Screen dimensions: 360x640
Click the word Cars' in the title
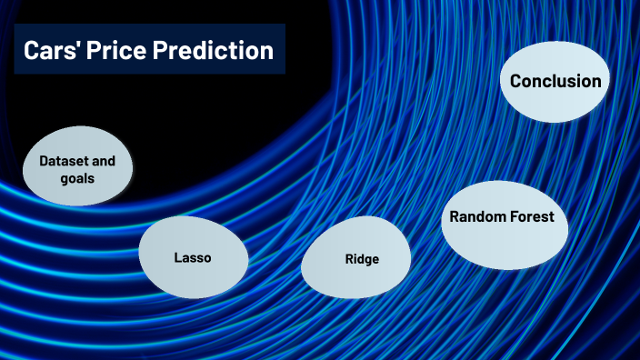51,51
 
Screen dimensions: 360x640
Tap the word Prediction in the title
213,51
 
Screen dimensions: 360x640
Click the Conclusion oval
555,82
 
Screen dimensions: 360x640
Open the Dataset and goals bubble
77,169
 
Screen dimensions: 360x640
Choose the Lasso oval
193,258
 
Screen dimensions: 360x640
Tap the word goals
77,178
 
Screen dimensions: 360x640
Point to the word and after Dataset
105,161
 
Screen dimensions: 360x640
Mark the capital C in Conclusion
516,82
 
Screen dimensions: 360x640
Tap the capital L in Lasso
177,258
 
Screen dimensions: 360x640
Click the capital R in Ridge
348,259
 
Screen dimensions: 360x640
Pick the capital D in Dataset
43,161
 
